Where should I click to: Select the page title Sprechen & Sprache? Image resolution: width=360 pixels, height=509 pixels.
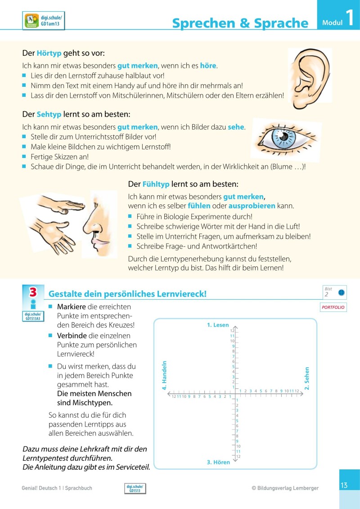[x=240, y=23]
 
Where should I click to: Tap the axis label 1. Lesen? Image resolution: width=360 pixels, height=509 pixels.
[x=218, y=325]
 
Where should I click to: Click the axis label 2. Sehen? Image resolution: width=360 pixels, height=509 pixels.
[x=307, y=378]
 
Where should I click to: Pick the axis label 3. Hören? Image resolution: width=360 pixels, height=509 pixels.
[x=218, y=462]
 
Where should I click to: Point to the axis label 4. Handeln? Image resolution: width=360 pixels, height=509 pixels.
[x=164, y=375]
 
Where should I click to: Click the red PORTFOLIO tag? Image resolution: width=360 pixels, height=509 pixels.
[x=333, y=307]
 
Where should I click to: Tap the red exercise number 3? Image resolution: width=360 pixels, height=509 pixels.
[x=33, y=292]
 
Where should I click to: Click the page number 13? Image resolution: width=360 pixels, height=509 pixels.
[x=344, y=485]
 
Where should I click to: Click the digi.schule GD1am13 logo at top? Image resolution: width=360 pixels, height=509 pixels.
[x=43, y=21]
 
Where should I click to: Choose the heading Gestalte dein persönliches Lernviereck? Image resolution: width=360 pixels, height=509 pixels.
[x=127, y=294]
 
